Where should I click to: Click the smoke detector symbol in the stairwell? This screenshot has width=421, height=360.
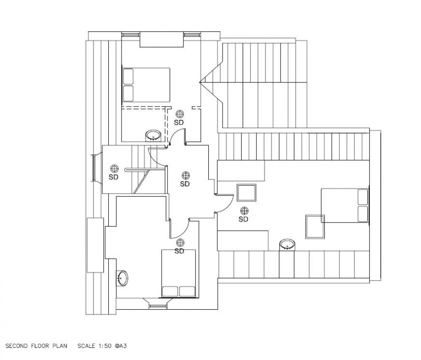[114, 168]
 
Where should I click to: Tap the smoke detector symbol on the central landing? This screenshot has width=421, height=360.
[186, 176]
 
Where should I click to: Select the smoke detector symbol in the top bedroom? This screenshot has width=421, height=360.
[180, 114]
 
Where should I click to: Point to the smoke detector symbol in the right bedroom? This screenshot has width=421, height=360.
[244, 211]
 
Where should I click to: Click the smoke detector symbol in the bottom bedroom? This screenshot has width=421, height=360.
[180, 243]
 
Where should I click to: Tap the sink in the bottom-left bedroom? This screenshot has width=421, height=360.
[122, 278]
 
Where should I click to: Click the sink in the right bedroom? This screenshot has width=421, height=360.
[287, 245]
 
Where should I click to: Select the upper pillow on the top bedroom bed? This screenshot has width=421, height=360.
[128, 76]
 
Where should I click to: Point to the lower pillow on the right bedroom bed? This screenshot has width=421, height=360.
[363, 214]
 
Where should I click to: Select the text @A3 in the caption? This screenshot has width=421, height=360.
[121, 346]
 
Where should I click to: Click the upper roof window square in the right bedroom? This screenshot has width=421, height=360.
[247, 193]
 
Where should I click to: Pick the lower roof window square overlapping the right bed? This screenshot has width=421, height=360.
[315, 227]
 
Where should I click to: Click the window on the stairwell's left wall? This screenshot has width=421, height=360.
[94, 168]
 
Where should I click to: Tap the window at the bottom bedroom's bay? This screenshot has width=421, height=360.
[158, 306]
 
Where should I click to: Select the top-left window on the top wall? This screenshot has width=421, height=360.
[131, 35]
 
